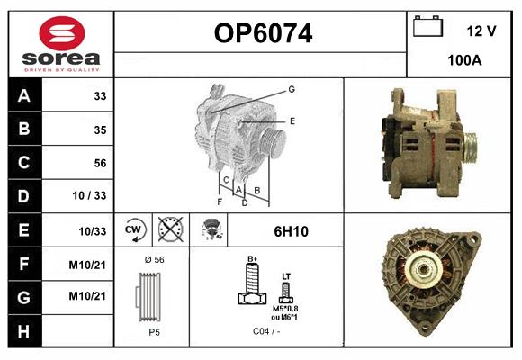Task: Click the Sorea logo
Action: pos(61,44)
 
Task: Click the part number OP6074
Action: pos(263,34)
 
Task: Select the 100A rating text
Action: pos(464,61)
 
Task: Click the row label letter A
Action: pos(24,96)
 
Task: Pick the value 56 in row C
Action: pos(100,163)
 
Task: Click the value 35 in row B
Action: pos(100,130)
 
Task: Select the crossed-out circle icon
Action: pos(169,229)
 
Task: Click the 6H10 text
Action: pos(291,231)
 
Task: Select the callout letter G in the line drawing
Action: pos(292,89)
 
